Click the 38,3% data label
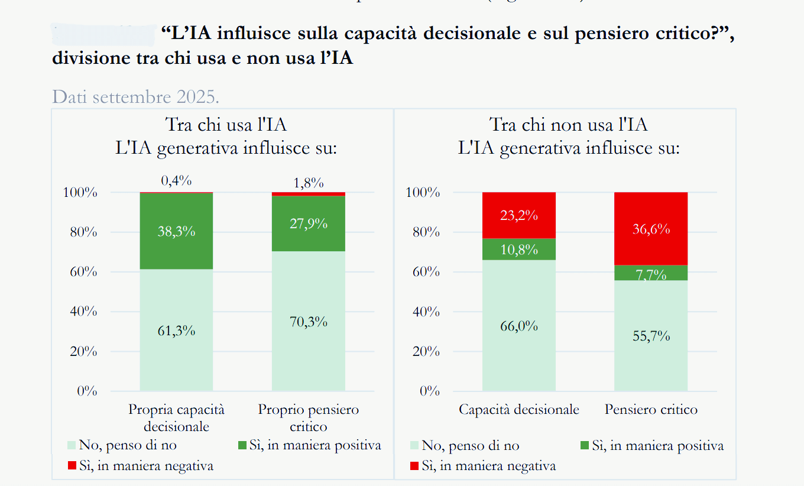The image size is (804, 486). (x=177, y=232)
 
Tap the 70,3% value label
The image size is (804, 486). (x=308, y=322)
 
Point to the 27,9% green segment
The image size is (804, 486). (x=308, y=236)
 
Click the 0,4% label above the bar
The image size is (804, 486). (x=177, y=181)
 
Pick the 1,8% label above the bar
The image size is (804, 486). (x=308, y=183)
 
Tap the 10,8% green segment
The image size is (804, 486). (x=519, y=250)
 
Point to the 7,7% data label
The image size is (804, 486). (x=651, y=274)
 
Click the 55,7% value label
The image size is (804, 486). (x=651, y=336)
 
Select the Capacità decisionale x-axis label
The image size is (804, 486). (x=519, y=410)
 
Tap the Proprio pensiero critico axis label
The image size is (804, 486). (x=308, y=417)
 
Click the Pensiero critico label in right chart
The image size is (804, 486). (x=651, y=410)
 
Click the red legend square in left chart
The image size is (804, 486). (x=72, y=465)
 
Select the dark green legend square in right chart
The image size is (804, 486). (x=585, y=445)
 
